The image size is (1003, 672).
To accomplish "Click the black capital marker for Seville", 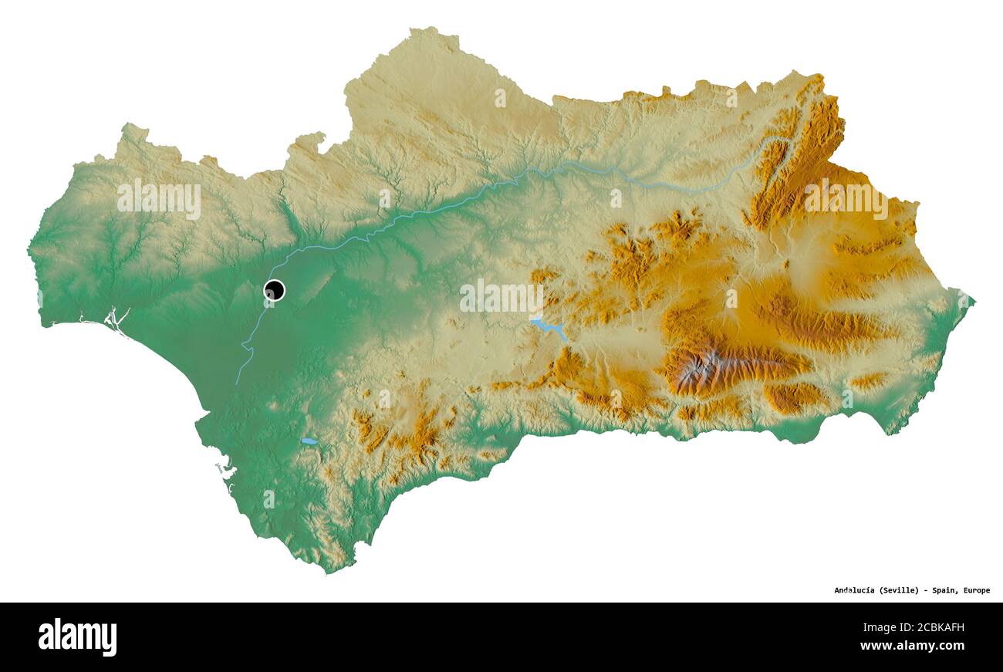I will point(274,290).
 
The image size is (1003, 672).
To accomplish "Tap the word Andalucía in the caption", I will point(854,590).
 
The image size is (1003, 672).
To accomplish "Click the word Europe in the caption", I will point(976,590).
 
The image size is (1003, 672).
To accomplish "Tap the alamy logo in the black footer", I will point(77,637).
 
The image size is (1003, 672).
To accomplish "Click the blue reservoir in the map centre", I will point(549,328).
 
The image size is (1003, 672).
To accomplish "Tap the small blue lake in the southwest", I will point(309,441).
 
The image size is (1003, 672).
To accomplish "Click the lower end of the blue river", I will point(236,383).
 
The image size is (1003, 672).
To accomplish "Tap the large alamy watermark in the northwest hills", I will point(159,198).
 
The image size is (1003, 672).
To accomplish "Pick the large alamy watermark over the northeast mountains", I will point(846,198).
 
